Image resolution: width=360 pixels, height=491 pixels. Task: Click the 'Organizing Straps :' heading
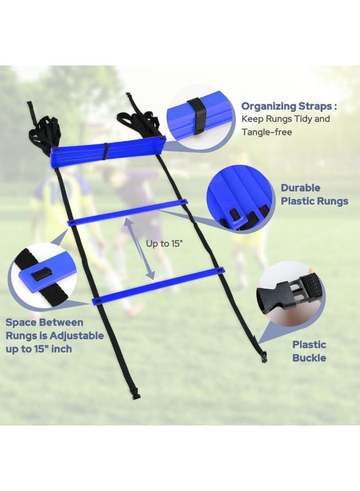[x=289, y=106]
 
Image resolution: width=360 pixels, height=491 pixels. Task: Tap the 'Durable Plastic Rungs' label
[x=314, y=194]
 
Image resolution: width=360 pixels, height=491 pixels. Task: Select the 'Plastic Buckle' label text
[x=309, y=351]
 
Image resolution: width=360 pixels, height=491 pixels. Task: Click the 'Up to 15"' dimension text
[x=164, y=244]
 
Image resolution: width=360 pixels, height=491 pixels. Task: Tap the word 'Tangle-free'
[x=267, y=132]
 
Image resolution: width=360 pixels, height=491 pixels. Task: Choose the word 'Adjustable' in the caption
[x=77, y=336]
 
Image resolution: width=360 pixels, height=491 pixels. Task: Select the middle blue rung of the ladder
[x=126, y=213]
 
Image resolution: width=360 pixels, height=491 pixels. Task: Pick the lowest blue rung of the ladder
[x=158, y=285]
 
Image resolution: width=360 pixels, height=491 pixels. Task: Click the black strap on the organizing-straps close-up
[x=198, y=115]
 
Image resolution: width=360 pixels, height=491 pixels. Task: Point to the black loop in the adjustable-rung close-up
[x=40, y=274]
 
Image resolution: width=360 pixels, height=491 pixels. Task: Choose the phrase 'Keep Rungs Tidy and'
[x=285, y=119]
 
